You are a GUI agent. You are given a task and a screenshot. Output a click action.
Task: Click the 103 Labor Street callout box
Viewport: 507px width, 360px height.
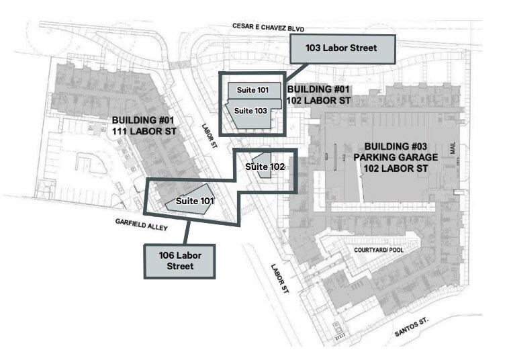(342, 49)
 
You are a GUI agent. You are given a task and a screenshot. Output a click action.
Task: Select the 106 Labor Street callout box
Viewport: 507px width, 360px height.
(180, 261)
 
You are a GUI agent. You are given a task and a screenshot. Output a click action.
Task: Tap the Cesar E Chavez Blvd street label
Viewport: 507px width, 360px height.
(269, 28)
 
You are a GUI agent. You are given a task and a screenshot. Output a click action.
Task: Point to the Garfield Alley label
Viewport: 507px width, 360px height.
(141, 224)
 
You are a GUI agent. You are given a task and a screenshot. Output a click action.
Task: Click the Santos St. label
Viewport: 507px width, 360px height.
(412, 327)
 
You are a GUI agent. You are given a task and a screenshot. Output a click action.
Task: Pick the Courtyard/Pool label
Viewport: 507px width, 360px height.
(379, 250)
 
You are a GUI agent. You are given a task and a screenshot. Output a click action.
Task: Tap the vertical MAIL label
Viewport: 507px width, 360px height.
(453, 148)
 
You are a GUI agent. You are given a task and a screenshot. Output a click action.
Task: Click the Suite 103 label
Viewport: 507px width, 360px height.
(250, 111)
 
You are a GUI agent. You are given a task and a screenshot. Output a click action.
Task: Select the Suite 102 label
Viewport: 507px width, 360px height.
(265, 167)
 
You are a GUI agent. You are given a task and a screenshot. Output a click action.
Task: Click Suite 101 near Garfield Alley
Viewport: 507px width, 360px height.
(195, 201)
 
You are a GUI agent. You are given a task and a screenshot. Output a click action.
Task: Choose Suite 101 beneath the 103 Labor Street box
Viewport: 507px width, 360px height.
(252, 90)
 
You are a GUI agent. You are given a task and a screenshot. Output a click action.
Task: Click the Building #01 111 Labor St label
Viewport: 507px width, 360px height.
(144, 126)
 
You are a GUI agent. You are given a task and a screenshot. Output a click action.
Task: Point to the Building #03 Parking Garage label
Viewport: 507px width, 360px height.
(396, 158)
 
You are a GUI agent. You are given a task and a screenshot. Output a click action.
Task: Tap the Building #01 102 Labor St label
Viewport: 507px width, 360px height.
(318, 95)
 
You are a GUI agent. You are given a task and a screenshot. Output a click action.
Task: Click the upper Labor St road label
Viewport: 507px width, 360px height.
(210, 136)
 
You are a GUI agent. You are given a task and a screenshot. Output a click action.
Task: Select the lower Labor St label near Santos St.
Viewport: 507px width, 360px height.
(279, 279)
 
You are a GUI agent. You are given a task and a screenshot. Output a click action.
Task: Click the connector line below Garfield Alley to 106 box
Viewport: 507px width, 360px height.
(186, 232)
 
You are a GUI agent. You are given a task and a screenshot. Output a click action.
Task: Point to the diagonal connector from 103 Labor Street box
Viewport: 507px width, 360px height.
(296, 72)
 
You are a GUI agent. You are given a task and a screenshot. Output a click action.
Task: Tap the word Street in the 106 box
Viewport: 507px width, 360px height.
(180, 266)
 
